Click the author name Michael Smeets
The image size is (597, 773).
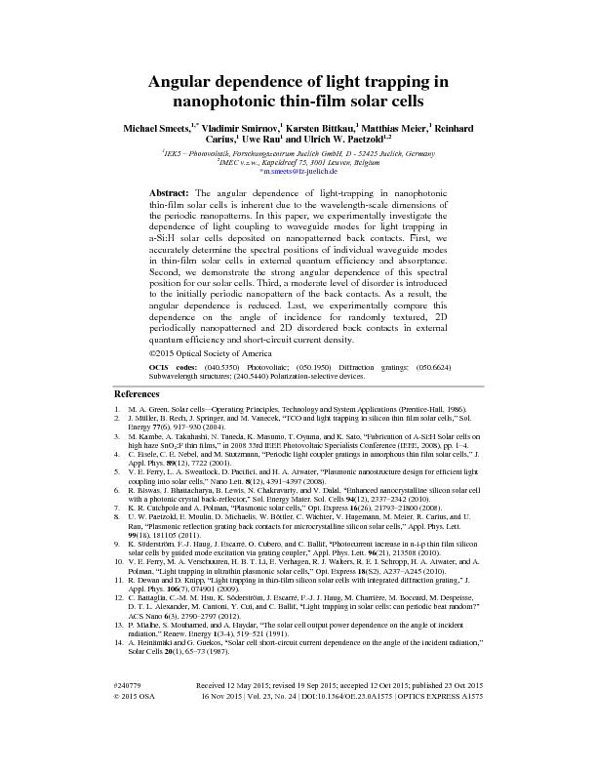156,127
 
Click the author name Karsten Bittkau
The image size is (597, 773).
317,127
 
